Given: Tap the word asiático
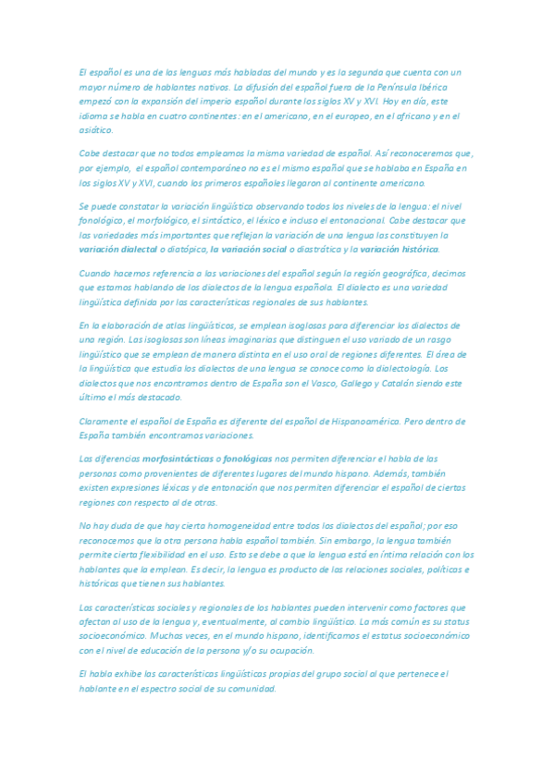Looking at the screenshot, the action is [x=96, y=131].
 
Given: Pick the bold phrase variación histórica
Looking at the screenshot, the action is [x=400, y=250].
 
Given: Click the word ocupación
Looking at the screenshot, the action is [x=289, y=650].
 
